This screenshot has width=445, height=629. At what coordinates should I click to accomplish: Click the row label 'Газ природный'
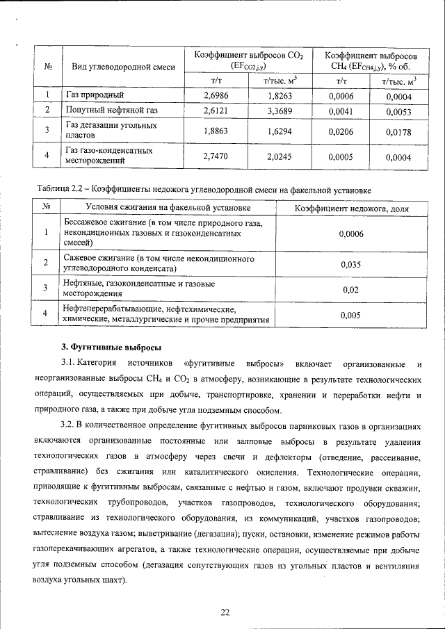pos(95,95)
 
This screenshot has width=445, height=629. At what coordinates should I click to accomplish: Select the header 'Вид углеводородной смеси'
pos(119,67)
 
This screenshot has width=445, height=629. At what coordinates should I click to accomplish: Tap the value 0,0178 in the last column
pos(399,131)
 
